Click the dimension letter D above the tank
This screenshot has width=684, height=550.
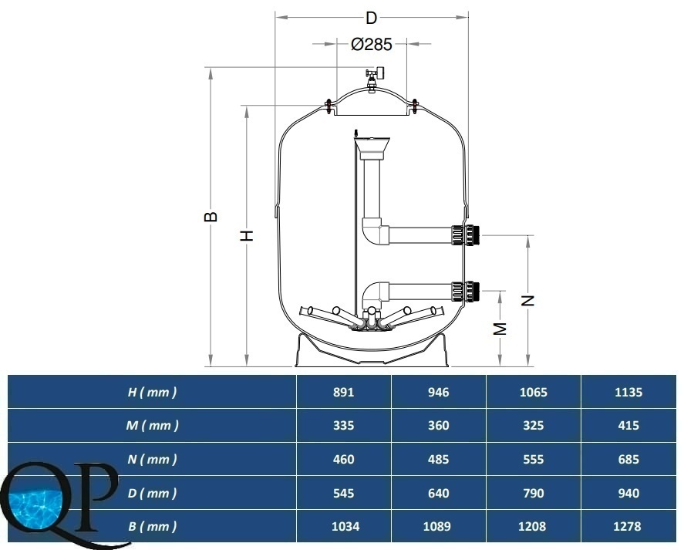371,19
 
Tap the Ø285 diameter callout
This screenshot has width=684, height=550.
372,44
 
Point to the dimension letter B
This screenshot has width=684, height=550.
211,217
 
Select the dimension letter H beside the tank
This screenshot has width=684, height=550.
247,235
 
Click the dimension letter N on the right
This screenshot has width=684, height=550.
528,300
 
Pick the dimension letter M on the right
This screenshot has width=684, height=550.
500,329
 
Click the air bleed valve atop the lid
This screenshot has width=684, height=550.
374,79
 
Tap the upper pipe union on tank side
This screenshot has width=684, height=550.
466,235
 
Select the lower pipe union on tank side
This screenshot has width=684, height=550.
466,292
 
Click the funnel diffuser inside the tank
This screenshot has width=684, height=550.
372,149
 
